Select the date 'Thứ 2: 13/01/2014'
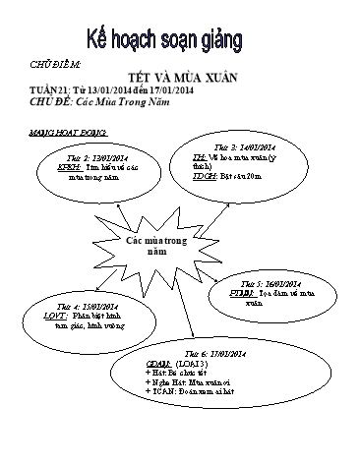pyautogui.click(x=97, y=157)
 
